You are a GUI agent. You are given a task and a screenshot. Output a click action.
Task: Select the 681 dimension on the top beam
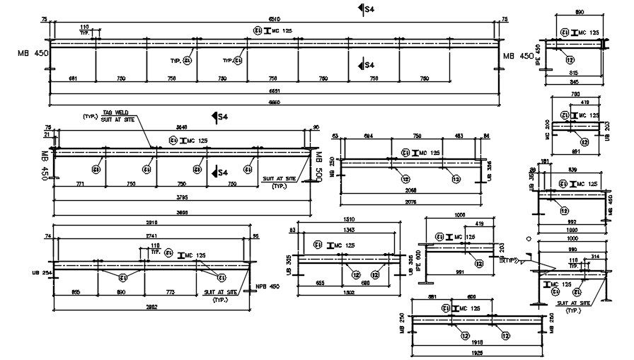click(x=71, y=79)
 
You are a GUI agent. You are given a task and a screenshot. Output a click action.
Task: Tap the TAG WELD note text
click(x=115, y=112)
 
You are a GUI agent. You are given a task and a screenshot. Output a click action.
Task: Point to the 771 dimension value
click(x=80, y=184)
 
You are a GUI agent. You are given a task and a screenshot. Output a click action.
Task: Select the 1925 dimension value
click(x=464, y=351)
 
